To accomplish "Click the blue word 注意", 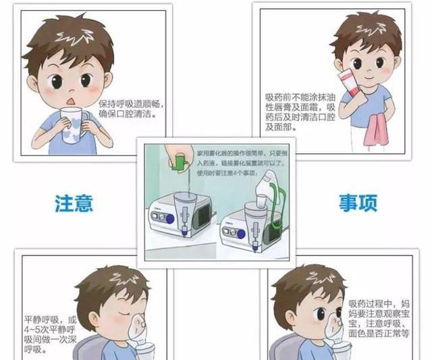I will pyautogui.click(x=74, y=201).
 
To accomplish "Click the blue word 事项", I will pyautogui.click(x=358, y=201).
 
